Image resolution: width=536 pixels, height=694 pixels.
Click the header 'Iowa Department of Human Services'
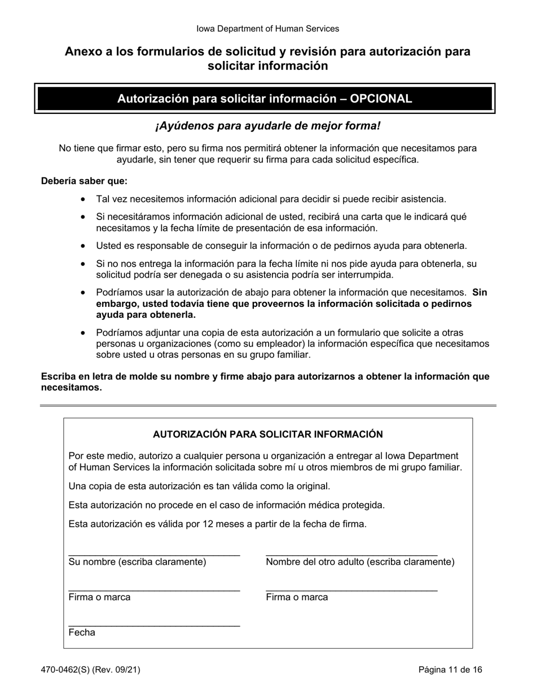tap(267, 28)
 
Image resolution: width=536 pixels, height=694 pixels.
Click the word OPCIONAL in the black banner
tap(381, 99)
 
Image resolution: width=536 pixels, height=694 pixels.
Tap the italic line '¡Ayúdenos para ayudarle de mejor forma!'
tap(267, 126)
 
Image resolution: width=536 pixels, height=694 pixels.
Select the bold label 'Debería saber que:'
tap(84, 181)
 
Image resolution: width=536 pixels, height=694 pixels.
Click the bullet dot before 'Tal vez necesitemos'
tap(84, 199)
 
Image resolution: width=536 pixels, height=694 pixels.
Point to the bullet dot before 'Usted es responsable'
tap(84, 246)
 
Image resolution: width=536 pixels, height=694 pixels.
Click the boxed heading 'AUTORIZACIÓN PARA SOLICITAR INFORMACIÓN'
tap(267, 434)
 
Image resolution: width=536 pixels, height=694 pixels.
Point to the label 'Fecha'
tap(82, 632)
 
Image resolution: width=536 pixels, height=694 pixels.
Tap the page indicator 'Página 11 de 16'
tap(450, 670)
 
